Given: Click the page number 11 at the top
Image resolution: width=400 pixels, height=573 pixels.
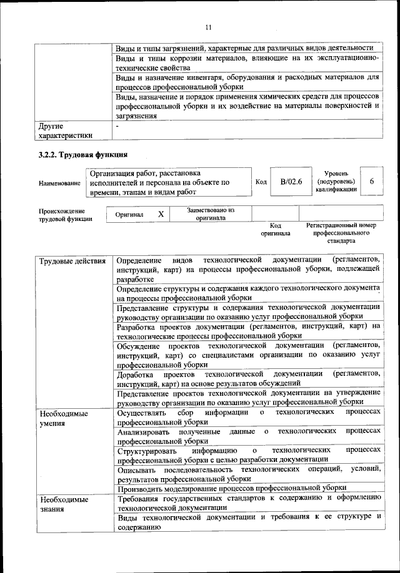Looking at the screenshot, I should (x=209, y=27).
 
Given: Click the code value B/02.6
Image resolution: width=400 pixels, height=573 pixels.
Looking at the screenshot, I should (x=291, y=182).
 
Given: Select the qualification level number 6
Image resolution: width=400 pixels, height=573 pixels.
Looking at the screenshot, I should (x=372, y=181).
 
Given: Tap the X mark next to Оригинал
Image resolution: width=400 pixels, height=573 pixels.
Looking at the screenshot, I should (x=161, y=214).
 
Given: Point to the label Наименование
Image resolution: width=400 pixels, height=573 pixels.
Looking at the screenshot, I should (x=59, y=183).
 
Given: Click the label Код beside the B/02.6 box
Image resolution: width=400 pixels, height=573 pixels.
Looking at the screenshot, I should (x=261, y=182).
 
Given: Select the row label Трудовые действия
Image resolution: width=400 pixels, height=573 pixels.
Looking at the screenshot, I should (x=72, y=260).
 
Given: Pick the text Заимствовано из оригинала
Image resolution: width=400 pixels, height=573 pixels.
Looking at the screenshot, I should (x=210, y=214).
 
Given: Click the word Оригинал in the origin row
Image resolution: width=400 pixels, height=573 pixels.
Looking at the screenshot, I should (x=129, y=215).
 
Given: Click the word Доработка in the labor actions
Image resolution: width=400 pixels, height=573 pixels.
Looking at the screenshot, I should (x=135, y=374).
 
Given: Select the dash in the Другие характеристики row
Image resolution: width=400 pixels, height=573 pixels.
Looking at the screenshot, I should (x=117, y=126).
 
